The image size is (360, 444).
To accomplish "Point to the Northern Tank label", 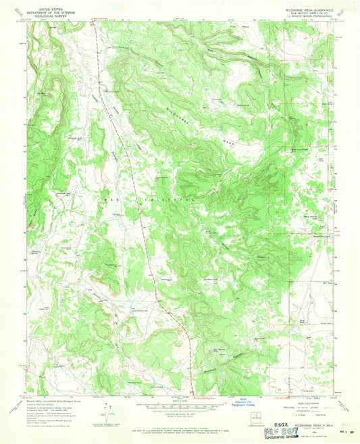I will pyautogui.click(x=211, y=279).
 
